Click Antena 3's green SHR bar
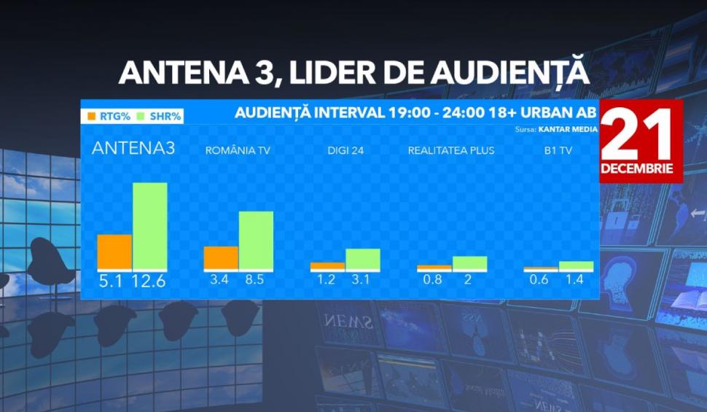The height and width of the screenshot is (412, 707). [x=149, y=226]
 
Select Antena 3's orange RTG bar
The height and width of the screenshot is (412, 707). [x=114, y=252]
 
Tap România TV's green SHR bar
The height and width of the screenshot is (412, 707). [x=256, y=241]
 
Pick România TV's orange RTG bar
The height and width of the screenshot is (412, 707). [x=221, y=258]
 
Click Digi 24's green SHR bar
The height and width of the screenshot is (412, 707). [x=363, y=260]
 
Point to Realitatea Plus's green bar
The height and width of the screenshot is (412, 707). [x=469, y=263]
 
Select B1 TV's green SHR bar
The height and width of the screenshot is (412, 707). [x=576, y=266]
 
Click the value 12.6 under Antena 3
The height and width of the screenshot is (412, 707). [x=149, y=281]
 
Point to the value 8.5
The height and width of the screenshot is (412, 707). [x=255, y=279]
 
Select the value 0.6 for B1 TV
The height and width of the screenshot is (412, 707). [x=540, y=279]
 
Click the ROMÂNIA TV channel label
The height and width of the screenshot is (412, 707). [x=238, y=151]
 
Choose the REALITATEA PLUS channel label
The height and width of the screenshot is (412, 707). [x=451, y=151]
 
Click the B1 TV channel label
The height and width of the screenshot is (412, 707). [x=558, y=151]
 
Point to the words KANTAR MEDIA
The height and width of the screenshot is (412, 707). [x=567, y=129]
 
